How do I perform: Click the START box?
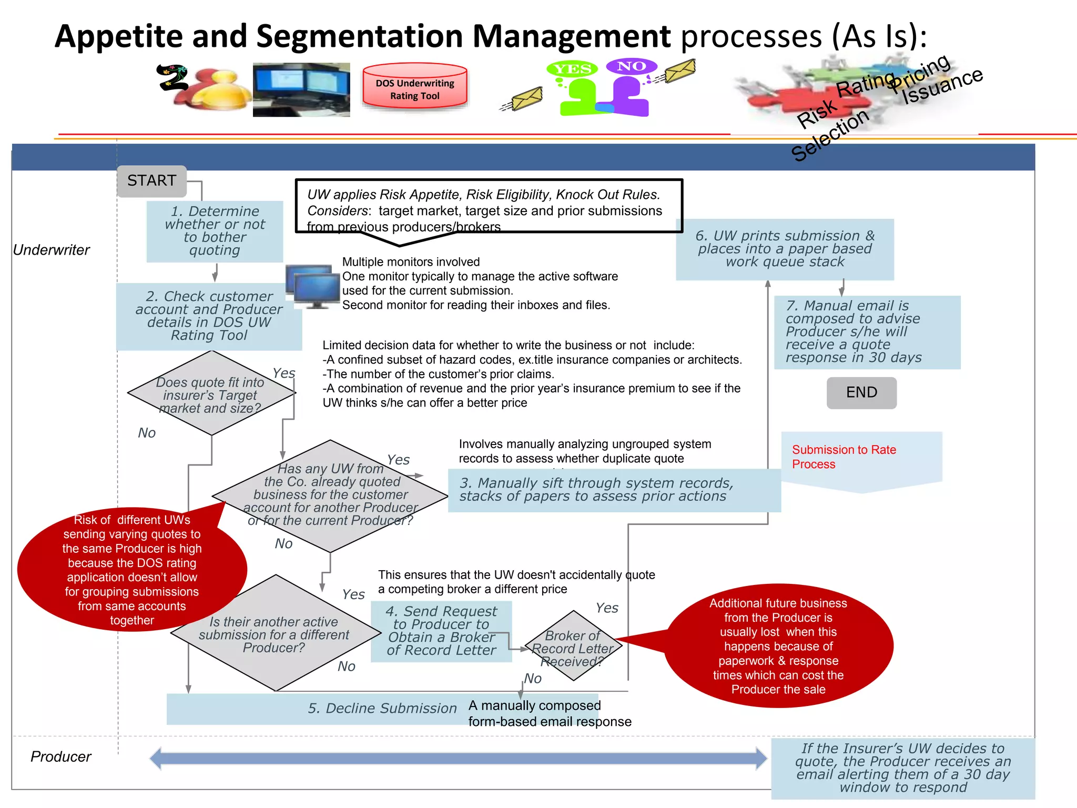(x=151, y=181)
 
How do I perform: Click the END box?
(x=861, y=392)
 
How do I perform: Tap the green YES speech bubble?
(x=572, y=69)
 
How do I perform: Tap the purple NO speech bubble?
(x=631, y=66)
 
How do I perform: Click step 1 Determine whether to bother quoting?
(x=215, y=231)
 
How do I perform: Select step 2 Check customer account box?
(x=209, y=316)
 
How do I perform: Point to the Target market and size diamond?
(x=211, y=395)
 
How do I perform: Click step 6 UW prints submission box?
(x=785, y=249)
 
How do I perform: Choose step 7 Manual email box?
(x=867, y=332)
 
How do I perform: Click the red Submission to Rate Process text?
(x=844, y=457)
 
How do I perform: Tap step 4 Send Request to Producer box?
(x=441, y=631)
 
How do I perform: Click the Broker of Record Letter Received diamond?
(x=573, y=647)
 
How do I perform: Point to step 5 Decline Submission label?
(x=382, y=709)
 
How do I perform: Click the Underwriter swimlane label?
(x=52, y=250)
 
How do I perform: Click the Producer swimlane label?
(x=61, y=756)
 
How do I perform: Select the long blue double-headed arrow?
(x=458, y=758)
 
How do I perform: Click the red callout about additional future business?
(x=778, y=646)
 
